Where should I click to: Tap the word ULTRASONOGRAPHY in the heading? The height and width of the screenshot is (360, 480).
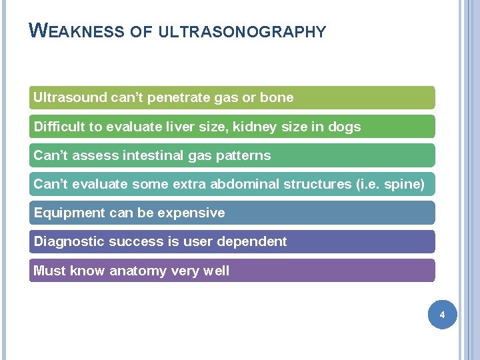(x=243, y=32)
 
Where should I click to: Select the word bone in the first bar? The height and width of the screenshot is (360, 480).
(x=277, y=97)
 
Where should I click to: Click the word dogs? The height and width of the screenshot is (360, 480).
(x=344, y=127)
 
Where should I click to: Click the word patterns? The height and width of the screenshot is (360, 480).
(x=245, y=155)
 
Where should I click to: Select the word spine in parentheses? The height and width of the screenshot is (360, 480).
(x=403, y=184)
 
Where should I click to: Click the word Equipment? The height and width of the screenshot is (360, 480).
(x=65, y=213)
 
